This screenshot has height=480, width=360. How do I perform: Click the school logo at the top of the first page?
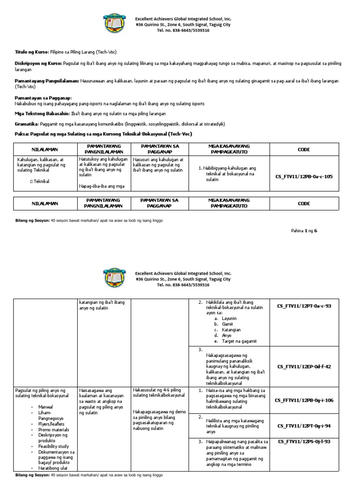click(114, 25)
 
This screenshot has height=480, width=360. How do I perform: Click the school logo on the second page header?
click(114, 279)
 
